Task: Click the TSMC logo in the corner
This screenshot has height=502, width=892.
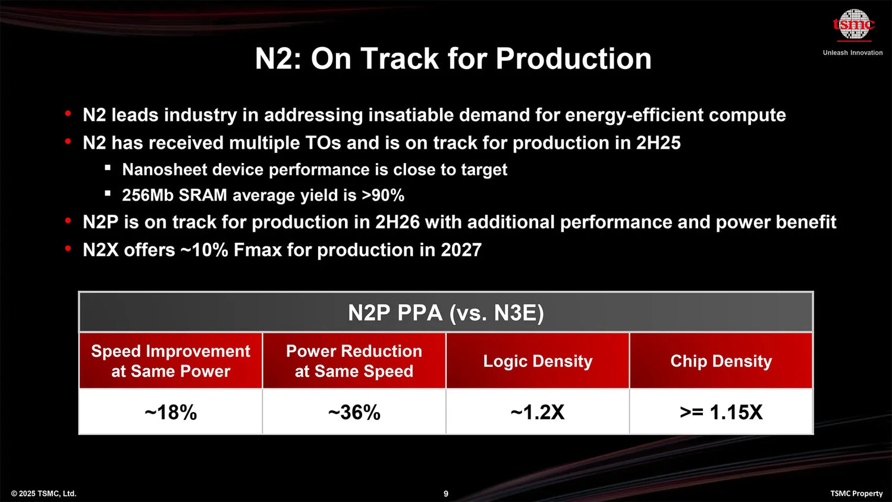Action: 854,24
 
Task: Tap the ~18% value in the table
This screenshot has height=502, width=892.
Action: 171,412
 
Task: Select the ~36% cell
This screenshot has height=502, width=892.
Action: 354,412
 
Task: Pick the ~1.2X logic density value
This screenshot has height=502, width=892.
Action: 538,412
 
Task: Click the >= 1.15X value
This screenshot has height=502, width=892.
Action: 721,412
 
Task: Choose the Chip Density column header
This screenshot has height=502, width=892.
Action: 721,361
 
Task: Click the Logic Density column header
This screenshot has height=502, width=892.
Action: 538,361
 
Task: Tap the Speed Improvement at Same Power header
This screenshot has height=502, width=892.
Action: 171,361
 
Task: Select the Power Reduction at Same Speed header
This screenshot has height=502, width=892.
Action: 354,361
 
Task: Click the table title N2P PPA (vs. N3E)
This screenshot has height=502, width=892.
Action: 446,313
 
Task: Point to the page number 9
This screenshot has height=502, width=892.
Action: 446,494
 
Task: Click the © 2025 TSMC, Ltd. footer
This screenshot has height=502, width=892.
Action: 43,494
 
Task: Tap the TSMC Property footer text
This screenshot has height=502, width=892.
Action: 856,494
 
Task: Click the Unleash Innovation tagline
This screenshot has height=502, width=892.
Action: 853,53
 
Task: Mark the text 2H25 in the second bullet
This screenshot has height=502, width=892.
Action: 658,143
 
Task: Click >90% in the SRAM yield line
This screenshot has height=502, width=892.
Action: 383,196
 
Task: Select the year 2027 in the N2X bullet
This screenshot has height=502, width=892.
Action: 461,250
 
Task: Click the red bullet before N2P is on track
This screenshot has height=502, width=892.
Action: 68,221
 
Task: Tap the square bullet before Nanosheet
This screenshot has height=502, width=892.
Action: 108,168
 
